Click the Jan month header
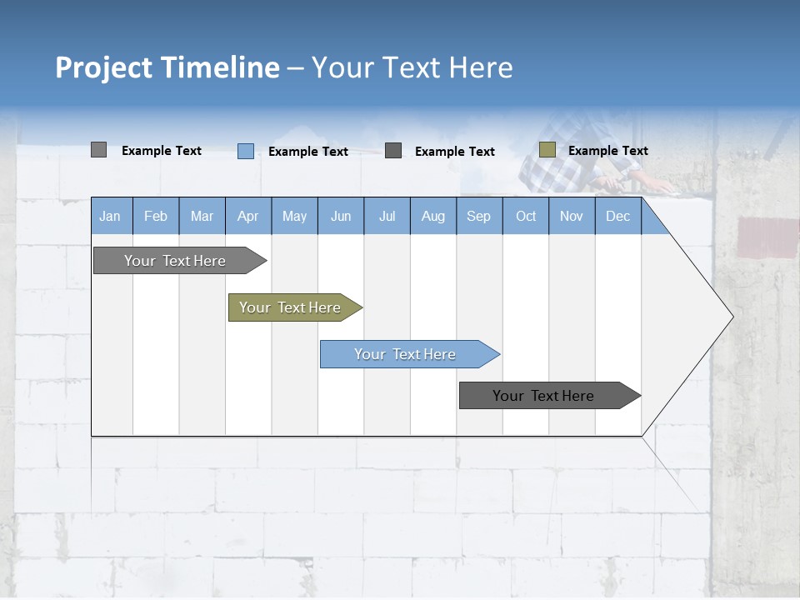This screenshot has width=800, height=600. tap(110, 216)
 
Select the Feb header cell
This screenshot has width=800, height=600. tap(156, 216)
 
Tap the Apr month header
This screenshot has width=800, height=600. tap(247, 216)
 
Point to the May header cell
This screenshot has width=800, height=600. tap(294, 216)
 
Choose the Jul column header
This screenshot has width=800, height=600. tap(387, 216)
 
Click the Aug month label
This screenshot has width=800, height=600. tap(432, 216)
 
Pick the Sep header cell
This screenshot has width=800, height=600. tap(478, 216)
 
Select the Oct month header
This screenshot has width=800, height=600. tap(526, 216)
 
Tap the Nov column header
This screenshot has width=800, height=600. tap(572, 216)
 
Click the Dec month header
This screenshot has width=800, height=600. tap(617, 216)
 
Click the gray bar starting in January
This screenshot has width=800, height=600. tap(175, 261)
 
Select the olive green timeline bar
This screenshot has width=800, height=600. tap(290, 307)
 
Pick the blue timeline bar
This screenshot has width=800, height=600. tap(405, 354)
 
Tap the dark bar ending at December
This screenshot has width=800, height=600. tap(543, 396)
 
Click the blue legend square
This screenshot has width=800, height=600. tap(245, 151)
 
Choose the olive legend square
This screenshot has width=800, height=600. tap(547, 150)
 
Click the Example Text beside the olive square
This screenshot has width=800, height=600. tap(607, 151)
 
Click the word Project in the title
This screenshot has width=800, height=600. tap(104, 67)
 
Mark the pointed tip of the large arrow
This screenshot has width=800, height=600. tap(732, 317)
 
